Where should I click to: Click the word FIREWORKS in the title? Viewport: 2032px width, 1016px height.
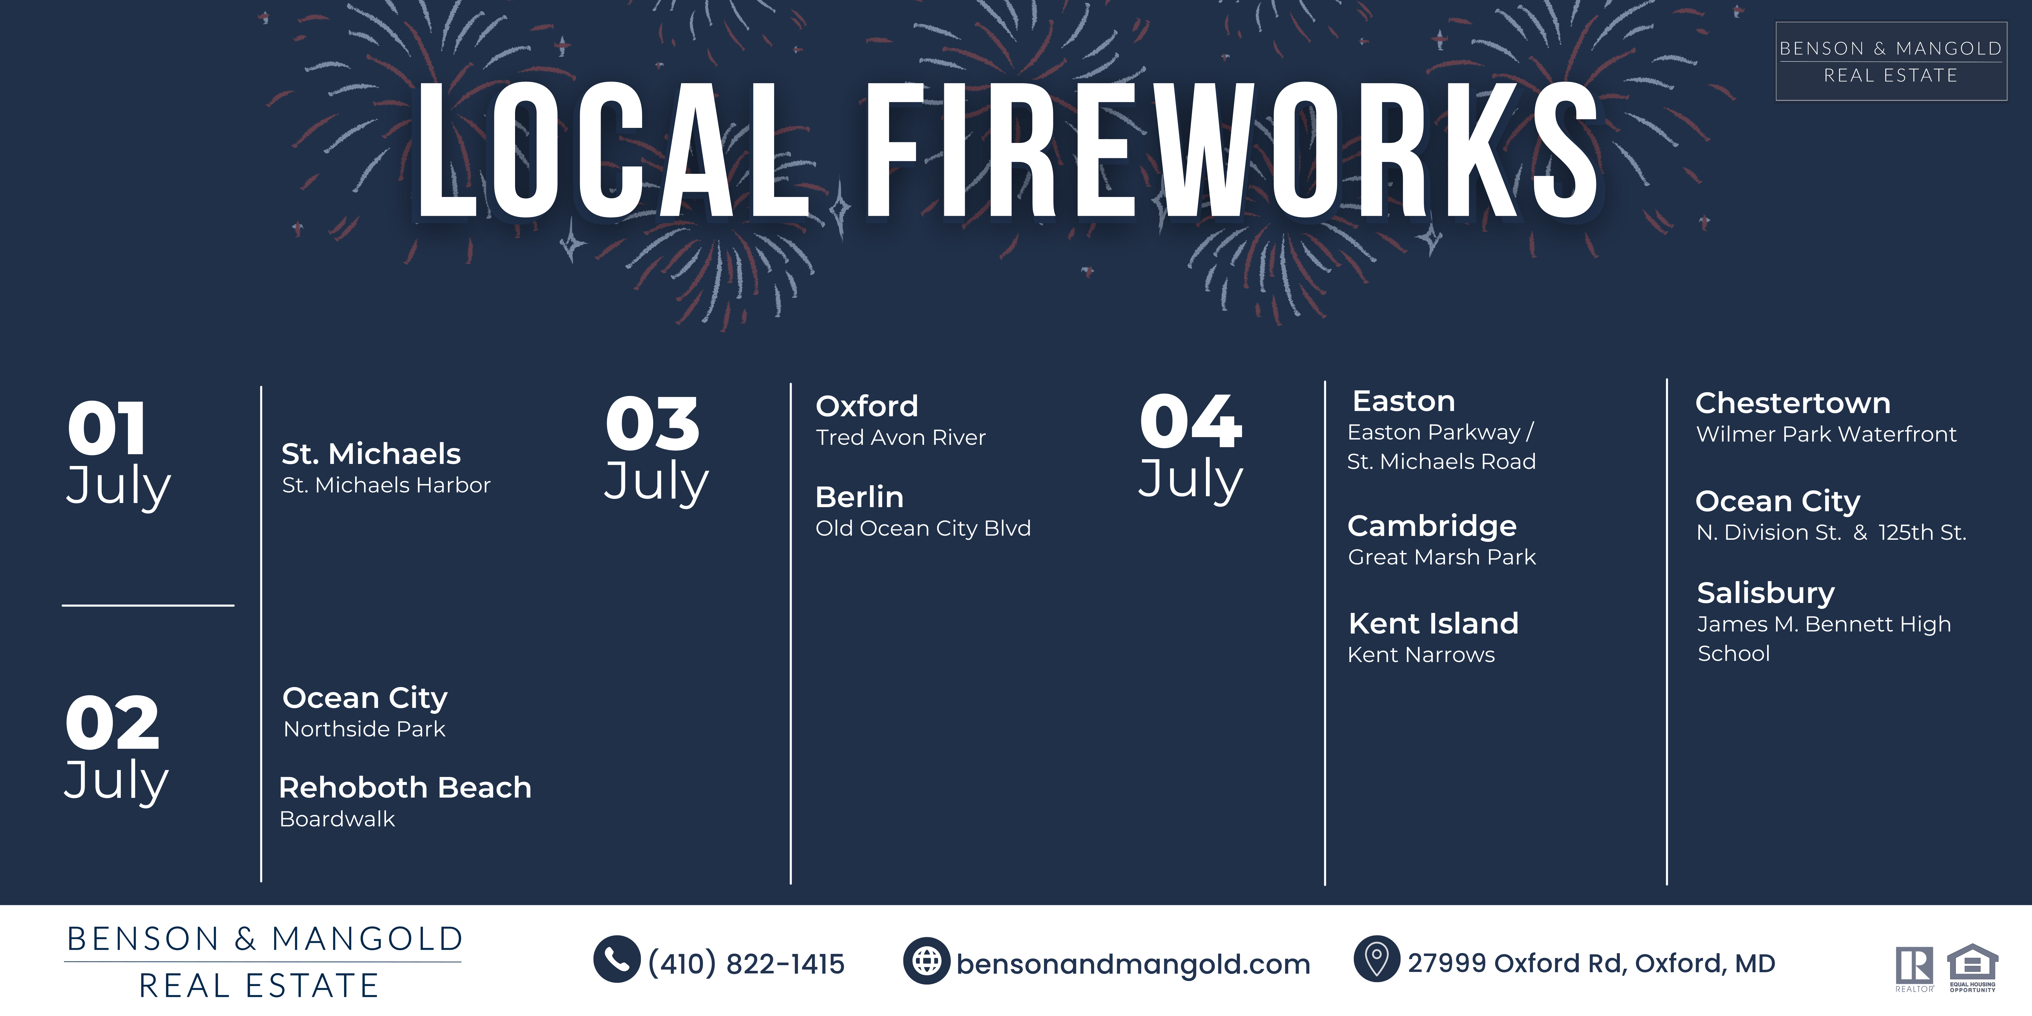pyautogui.click(x=1232, y=150)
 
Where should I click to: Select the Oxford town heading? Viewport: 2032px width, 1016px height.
pyautogui.click(x=867, y=406)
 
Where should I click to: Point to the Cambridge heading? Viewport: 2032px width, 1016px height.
pyautogui.click(x=1432, y=526)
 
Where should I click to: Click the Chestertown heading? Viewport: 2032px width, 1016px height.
pyautogui.click(x=1793, y=403)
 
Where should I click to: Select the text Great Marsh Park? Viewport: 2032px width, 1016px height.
pyautogui.click(x=1442, y=557)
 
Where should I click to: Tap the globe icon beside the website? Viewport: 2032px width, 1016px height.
pyautogui.click(x=927, y=961)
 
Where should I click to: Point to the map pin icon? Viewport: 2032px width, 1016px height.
pyautogui.click(x=1376, y=959)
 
